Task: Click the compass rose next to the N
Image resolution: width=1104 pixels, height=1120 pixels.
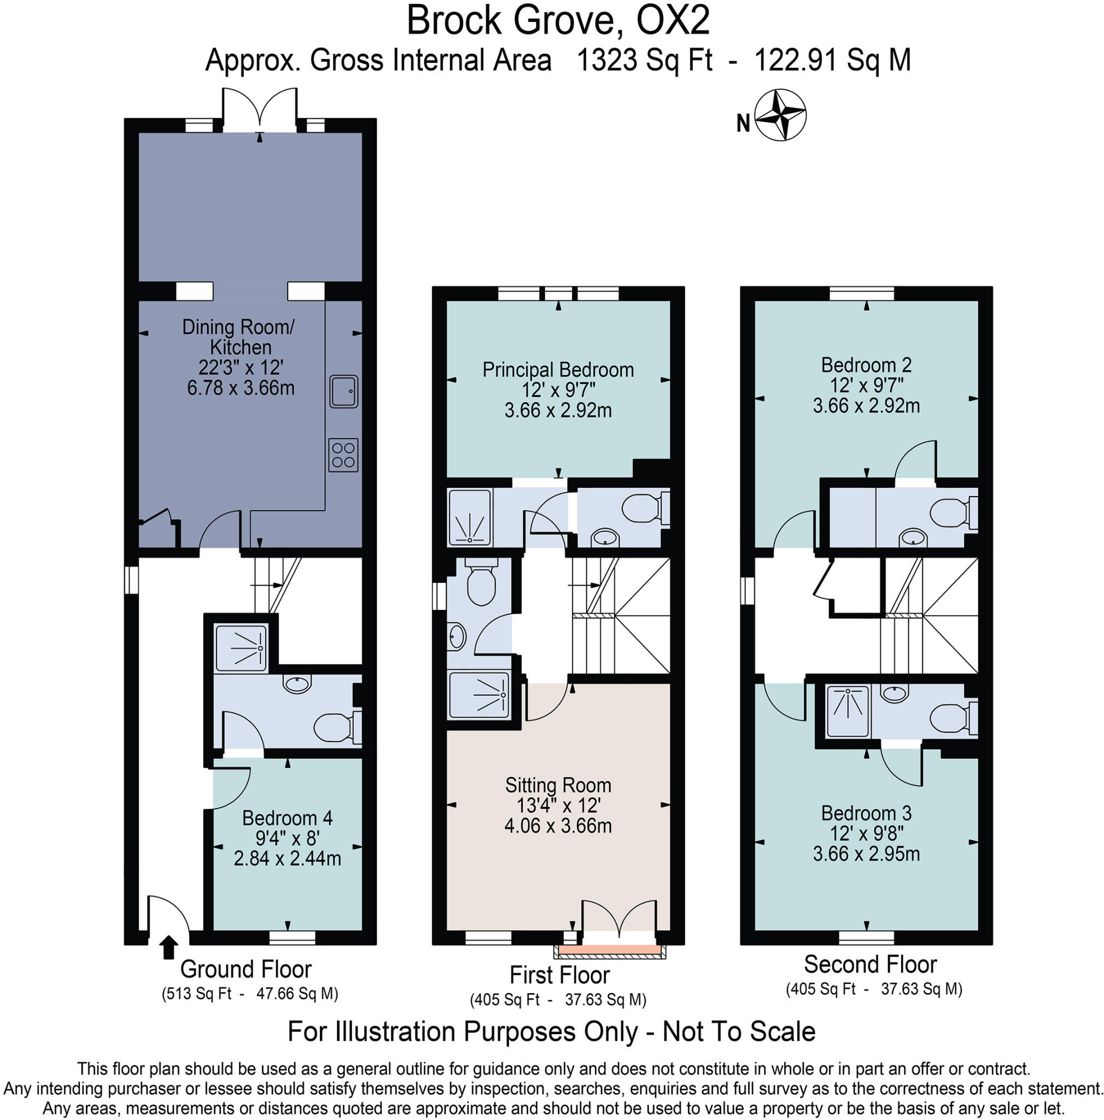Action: tap(781, 115)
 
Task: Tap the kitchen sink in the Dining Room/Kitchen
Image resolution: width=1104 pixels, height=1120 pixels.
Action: tap(343, 392)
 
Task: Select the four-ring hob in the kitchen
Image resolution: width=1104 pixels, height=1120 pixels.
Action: tap(343, 455)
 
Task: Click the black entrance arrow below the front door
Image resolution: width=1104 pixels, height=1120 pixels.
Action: tap(168, 947)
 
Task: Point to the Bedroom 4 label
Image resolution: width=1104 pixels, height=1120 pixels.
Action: tap(287, 818)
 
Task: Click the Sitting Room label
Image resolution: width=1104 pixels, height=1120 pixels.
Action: tap(558, 785)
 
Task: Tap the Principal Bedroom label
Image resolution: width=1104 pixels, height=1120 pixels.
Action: tap(558, 370)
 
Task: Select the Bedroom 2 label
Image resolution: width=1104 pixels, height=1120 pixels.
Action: tap(866, 365)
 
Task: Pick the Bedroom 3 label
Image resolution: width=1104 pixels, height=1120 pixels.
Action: tap(866, 813)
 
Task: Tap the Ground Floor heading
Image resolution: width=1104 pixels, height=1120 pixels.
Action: tap(246, 969)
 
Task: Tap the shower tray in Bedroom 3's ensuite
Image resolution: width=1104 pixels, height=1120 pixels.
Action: tap(848, 711)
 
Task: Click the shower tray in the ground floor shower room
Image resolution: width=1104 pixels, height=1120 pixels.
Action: tap(241, 647)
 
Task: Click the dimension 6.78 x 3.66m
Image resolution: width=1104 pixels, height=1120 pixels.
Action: tap(241, 387)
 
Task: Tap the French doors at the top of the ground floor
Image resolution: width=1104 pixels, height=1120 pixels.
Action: tap(260, 110)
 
